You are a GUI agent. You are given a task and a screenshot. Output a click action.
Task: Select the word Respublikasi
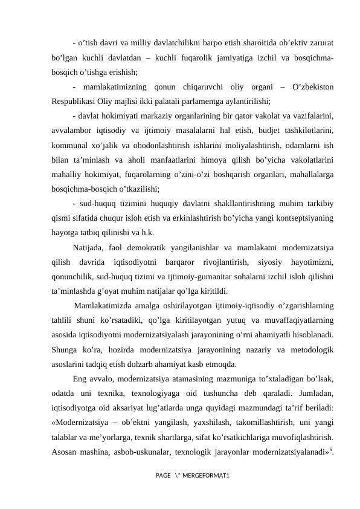75,101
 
